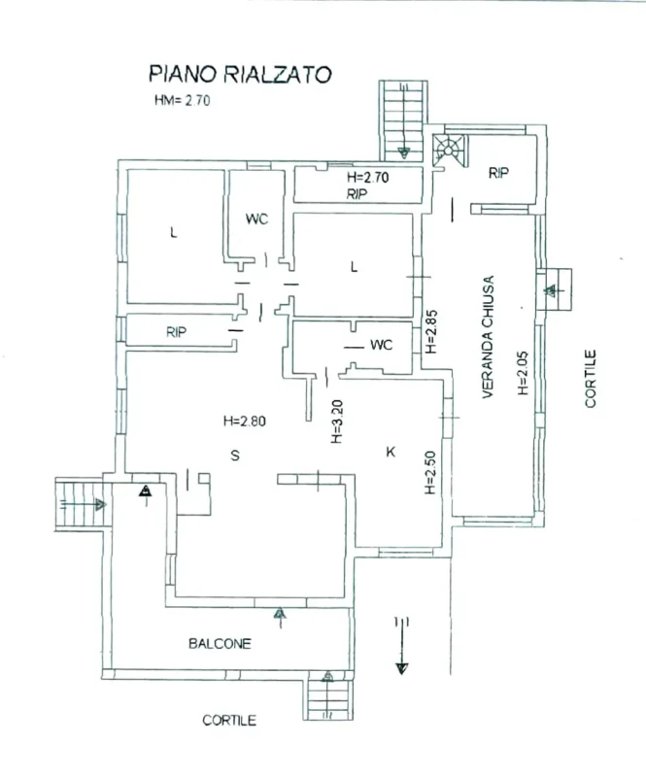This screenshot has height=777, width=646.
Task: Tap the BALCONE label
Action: pyautogui.click(x=220, y=643)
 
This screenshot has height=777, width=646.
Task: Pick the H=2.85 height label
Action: pyautogui.click(x=430, y=331)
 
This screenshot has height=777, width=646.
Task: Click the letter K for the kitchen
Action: pyautogui.click(x=391, y=452)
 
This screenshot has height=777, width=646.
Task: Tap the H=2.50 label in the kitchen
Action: pyautogui.click(x=428, y=473)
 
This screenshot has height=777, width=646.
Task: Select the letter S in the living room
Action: pyautogui.click(x=234, y=455)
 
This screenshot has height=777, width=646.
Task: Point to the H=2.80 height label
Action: pyautogui.click(x=244, y=422)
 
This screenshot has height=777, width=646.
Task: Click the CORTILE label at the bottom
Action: pyautogui.click(x=229, y=721)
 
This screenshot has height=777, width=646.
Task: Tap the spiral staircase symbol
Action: pyautogui.click(x=448, y=150)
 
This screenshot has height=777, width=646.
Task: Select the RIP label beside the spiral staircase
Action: pyautogui.click(x=499, y=174)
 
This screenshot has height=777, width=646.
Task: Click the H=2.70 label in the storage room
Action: pyautogui.click(x=367, y=179)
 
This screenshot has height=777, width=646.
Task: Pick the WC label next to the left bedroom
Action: pyautogui.click(x=256, y=220)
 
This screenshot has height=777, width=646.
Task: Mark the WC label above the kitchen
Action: pyautogui.click(x=380, y=345)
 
